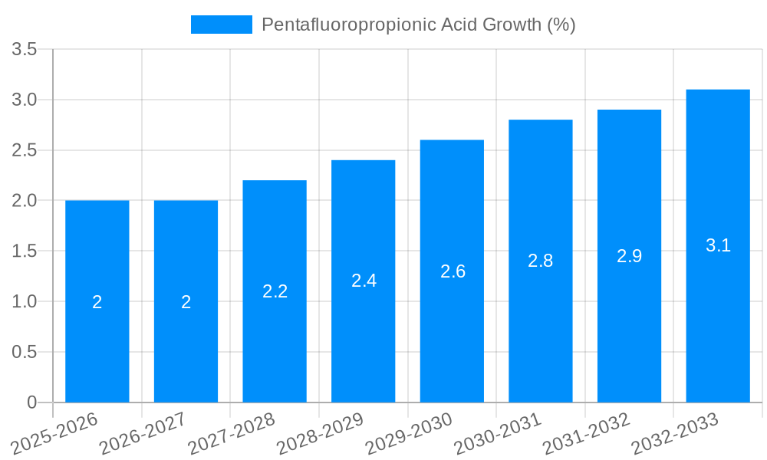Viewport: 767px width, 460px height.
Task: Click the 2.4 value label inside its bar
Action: [x=364, y=281]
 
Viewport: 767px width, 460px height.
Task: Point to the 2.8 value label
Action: [x=541, y=261]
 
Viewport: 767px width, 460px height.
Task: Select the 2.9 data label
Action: [x=630, y=256]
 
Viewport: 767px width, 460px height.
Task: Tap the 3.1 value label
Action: [x=718, y=245]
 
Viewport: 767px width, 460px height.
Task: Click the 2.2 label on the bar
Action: [x=275, y=291]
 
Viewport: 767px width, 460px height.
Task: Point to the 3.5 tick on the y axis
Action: [x=25, y=50]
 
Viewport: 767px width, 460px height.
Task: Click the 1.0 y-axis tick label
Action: [x=25, y=302]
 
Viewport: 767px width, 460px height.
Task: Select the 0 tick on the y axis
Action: [x=31, y=402]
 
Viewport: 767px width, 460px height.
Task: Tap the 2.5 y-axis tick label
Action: [x=25, y=151]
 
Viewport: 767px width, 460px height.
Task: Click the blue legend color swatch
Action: [x=222, y=25]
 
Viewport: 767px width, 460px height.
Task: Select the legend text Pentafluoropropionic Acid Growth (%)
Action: [x=419, y=25]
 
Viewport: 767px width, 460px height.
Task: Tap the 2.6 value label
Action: [x=453, y=271]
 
